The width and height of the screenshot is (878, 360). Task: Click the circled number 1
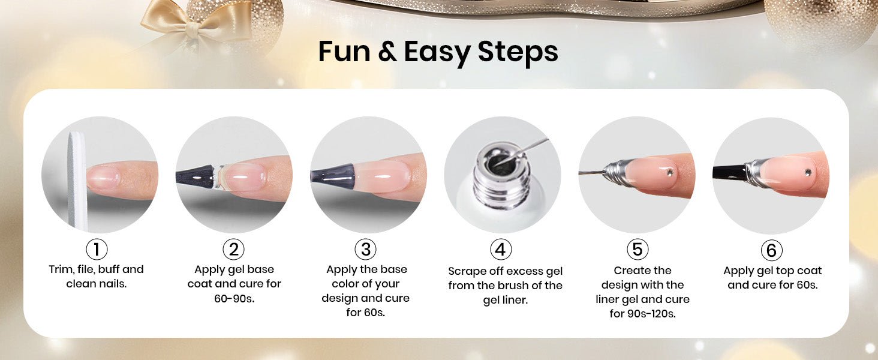tap(97, 249)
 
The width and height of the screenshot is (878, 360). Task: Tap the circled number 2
tap(234, 249)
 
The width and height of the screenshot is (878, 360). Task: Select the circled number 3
tap(366, 249)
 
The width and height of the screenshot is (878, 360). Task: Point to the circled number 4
tap(501, 249)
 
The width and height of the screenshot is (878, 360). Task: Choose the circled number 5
tap(638, 249)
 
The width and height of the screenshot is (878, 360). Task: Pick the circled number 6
tap(771, 250)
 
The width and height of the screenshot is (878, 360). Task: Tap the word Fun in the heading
tap(344, 52)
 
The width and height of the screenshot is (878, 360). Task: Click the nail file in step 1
tap(77, 181)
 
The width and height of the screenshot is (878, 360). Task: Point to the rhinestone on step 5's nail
tap(670, 172)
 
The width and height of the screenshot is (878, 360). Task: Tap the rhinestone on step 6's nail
tap(808, 172)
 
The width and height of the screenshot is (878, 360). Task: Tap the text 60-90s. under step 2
tap(234, 298)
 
